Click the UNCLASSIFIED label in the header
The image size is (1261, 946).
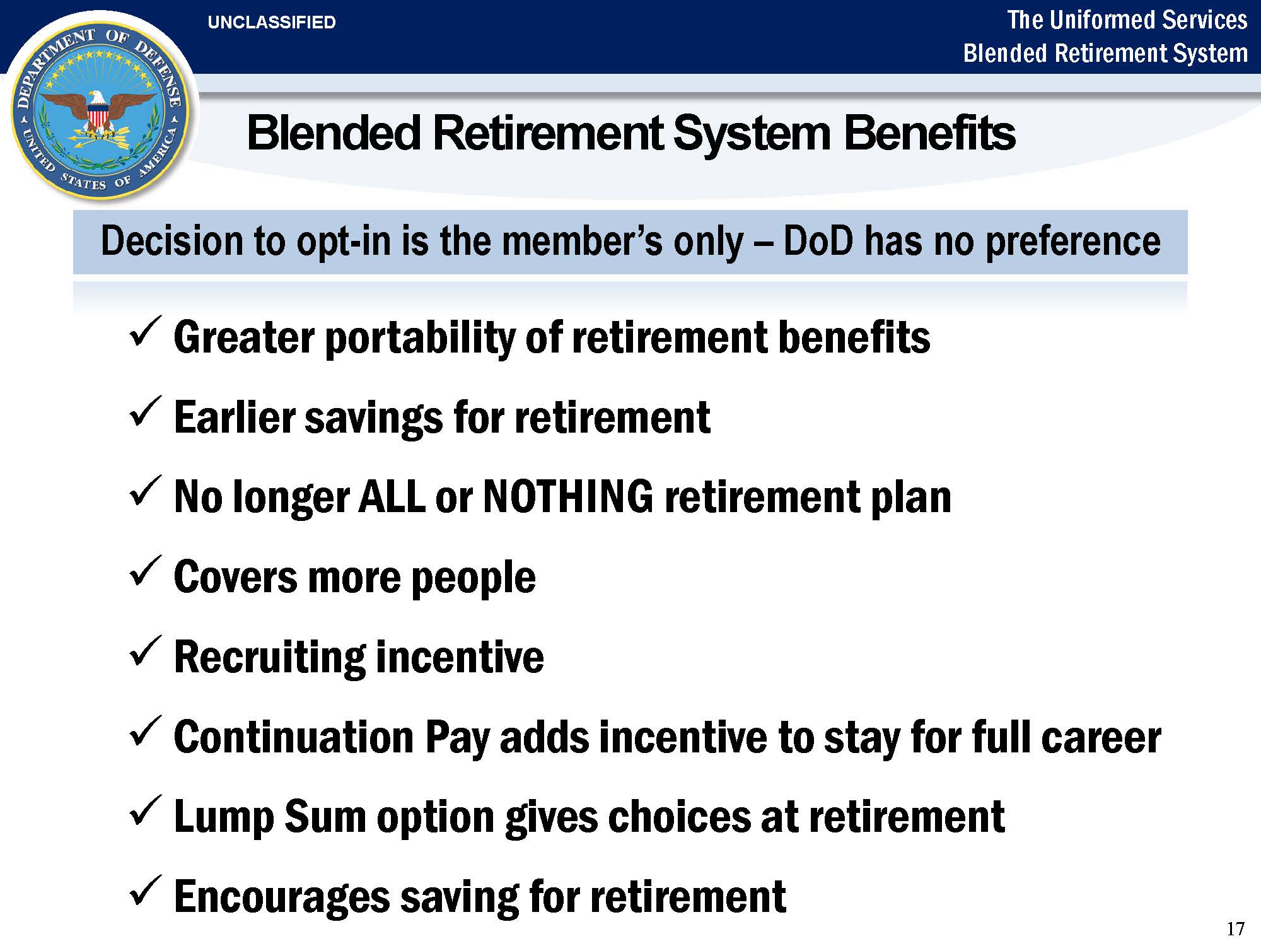[x=272, y=23]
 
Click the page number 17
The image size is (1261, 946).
[x=1236, y=928]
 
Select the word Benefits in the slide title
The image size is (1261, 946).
[x=929, y=134]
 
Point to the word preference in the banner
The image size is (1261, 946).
[x=1072, y=242]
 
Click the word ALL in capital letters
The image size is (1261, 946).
[x=392, y=496]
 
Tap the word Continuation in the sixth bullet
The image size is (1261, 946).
[x=293, y=737]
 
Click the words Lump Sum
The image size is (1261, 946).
[x=270, y=817]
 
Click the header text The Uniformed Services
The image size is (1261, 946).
[x=1127, y=20]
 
